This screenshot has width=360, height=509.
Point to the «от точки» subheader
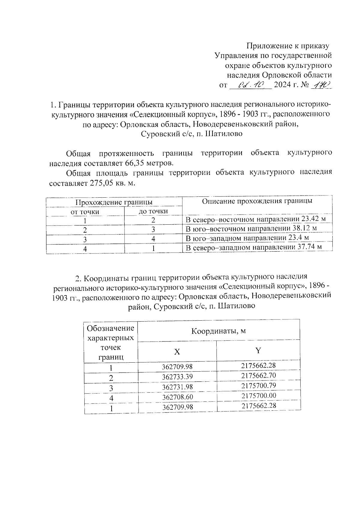tap(85, 212)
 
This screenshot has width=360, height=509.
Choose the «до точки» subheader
tap(153, 211)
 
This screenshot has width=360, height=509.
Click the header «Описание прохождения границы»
tap(257, 201)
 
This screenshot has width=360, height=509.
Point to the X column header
tap(177, 352)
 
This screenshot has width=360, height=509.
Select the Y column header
tap(258, 350)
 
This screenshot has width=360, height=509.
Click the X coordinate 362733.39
tap(177, 377)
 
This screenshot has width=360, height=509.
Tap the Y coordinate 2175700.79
tap(258, 385)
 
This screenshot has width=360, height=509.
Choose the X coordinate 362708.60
tap(177, 397)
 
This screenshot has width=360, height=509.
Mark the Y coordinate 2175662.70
tap(258, 376)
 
